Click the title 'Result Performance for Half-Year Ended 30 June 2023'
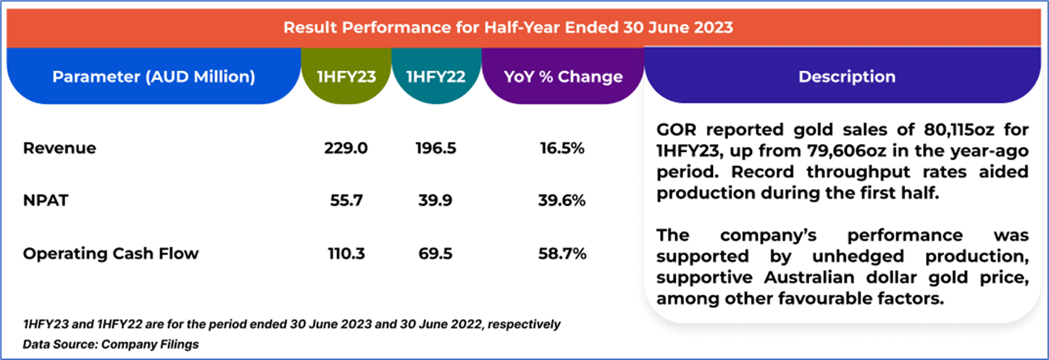coord(508,28)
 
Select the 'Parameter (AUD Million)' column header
coord(154,77)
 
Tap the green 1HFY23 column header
coord(346,77)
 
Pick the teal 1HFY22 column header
coord(435,77)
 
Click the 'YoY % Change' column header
coord(562,77)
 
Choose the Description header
coord(846,77)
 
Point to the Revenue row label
coord(59,148)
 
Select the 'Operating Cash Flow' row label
coord(111,254)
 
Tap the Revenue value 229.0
coord(346,148)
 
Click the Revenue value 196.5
coord(435,148)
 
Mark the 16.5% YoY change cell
coord(562,148)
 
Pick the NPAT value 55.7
coord(346,201)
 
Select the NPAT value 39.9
coord(435,201)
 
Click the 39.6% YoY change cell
coord(562,201)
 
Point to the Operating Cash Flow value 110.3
coord(346,254)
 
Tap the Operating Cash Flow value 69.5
coord(435,254)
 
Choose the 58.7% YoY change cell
coord(562,254)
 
